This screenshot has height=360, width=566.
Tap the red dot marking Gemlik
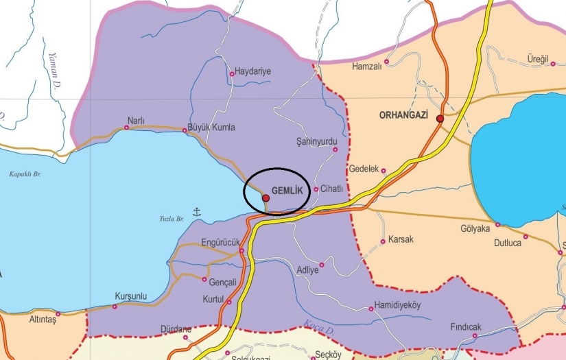coord(266,197)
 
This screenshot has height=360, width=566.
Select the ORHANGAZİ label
coord(403,116)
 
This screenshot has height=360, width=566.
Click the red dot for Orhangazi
coord(440,119)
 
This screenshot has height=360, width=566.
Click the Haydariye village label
coord(253,71)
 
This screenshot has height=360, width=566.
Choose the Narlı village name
coord(136,121)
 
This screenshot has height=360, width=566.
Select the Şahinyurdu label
coord(317,141)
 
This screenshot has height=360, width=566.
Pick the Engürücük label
coord(220,242)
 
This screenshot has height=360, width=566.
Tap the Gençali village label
coord(223,282)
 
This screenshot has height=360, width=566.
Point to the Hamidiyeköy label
coord(397,305)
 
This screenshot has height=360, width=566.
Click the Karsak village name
coord(401,240)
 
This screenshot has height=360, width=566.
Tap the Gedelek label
coord(364,169)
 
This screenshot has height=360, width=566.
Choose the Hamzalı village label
coord(366,67)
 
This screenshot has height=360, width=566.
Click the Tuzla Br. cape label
coord(171,218)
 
